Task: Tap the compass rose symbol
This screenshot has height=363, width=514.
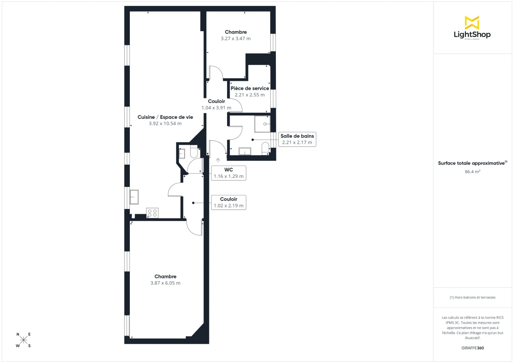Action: click(24, 340)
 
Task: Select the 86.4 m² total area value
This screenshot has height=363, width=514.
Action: click(472, 171)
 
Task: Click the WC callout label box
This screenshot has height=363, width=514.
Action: click(229, 173)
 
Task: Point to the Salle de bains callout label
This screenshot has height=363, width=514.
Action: click(297, 139)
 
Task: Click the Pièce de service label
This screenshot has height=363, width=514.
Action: click(250, 88)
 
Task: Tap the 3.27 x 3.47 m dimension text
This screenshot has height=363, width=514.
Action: click(236, 38)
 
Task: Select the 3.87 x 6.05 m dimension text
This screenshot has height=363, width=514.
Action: click(165, 283)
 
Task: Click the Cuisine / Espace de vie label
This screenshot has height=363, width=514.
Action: click(165, 117)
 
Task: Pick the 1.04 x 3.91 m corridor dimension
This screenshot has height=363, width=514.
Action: click(216, 108)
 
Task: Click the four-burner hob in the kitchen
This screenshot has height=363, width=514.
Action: click(152, 212)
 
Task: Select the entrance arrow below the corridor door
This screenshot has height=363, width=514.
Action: click(218, 160)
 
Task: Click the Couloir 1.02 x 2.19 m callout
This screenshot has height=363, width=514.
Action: click(229, 202)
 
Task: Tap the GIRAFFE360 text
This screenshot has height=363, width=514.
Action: click(472, 348)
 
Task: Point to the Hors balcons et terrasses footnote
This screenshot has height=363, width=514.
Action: click(472, 297)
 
